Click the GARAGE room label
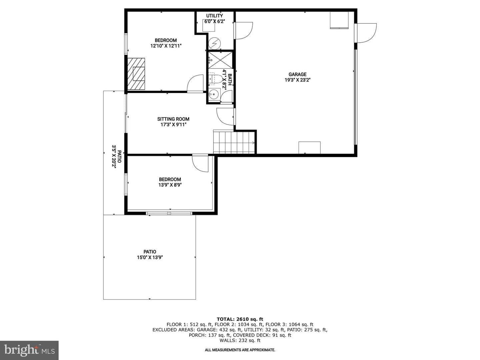(x=297, y=74)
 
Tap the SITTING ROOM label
(x=173, y=119)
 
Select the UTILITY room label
(x=215, y=16)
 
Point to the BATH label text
(x=230, y=79)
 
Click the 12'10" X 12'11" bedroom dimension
(x=166, y=46)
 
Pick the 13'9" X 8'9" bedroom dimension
(x=170, y=185)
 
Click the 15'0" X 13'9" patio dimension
(x=150, y=257)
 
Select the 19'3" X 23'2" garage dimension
(x=297, y=80)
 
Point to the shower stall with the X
(x=220, y=60)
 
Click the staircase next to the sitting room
(x=234, y=142)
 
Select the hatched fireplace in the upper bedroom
(x=136, y=74)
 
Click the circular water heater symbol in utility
(x=214, y=43)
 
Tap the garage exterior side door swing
(x=366, y=33)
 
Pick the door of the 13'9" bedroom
(x=200, y=163)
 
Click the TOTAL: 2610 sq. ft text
(x=240, y=319)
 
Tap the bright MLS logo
(x=29, y=350)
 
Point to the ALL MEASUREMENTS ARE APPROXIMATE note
(x=240, y=350)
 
